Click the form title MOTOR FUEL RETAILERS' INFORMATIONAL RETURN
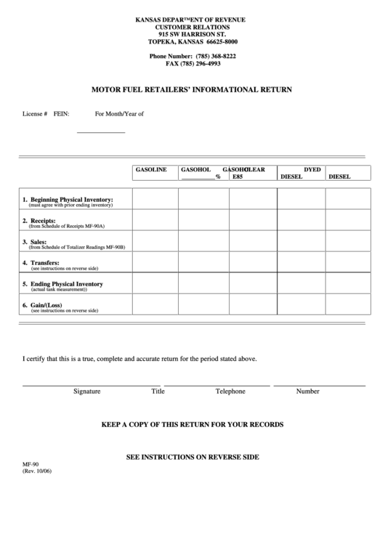[x=192, y=90]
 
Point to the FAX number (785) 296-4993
[x=192, y=64]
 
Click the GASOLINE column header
[x=151, y=169]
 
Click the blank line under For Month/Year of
[x=101, y=132]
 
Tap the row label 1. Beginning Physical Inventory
[x=68, y=199]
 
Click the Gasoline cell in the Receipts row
[x=155, y=221]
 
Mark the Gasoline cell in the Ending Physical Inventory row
[x=155, y=284]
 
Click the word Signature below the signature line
[x=87, y=391]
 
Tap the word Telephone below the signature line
[x=230, y=391]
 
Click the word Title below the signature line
[x=158, y=391]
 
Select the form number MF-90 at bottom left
[x=31, y=463]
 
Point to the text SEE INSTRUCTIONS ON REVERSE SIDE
[x=192, y=458]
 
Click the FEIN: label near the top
[x=61, y=114]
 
